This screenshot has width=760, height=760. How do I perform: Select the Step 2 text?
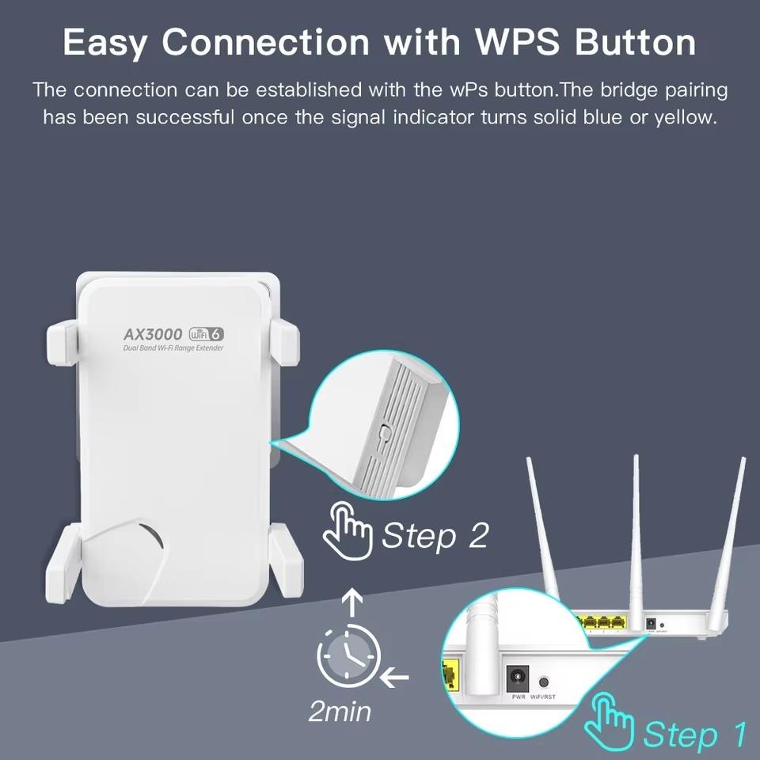[435, 536]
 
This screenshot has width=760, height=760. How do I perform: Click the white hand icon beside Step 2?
[347, 528]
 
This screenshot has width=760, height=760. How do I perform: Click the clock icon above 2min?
[348, 655]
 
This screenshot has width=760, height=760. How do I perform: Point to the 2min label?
[340, 711]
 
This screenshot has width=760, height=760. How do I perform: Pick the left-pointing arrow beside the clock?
[394, 678]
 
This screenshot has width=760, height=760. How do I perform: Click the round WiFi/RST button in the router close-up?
[544, 681]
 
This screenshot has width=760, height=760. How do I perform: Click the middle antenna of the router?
[635, 522]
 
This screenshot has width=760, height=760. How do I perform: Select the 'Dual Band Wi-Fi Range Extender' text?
[173, 348]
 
